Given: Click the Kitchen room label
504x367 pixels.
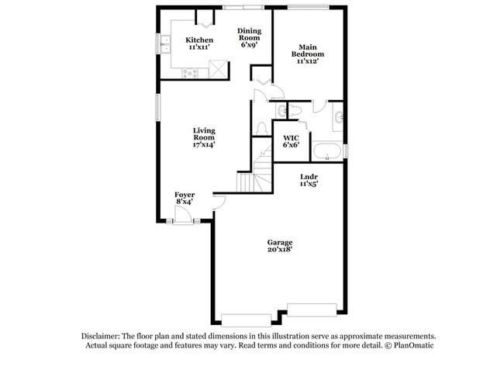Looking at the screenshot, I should pos(199,43).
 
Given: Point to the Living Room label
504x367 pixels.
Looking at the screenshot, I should pos(204,137).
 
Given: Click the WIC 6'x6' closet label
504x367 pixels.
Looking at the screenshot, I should pos(291,141).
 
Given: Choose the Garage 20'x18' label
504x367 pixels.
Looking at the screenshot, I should pos(280,246).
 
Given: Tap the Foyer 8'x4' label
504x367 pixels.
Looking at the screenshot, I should pos(184,198).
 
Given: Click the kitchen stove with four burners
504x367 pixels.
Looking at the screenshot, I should pos(191,73).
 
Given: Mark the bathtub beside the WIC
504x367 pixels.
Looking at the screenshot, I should pos(327,150).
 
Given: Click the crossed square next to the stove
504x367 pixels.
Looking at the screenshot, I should pos(219,69).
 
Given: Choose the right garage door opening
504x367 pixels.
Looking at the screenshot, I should pos(309,308).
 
